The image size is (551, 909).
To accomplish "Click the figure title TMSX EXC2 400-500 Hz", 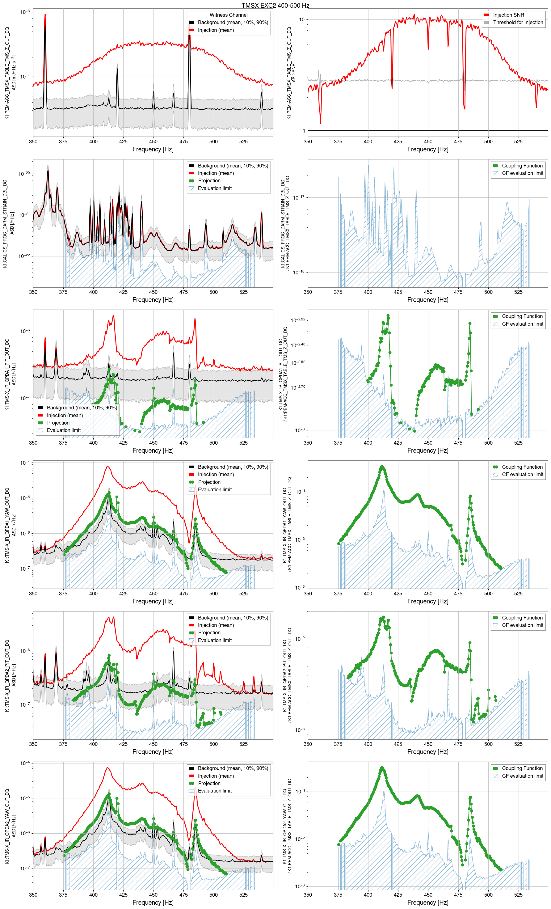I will (x=275, y=6).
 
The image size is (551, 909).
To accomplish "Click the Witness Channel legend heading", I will (x=228, y=15).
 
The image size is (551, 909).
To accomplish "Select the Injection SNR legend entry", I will (x=508, y=15).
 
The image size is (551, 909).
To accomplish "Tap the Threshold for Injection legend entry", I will (x=518, y=23).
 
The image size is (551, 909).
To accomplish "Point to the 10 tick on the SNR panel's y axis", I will (x=301, y=19).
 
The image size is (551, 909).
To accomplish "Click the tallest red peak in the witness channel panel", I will (x=45, y=15).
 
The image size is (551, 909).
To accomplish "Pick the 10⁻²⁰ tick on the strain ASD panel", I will (x=24, y=173).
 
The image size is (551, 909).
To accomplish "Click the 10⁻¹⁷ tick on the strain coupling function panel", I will (x=298, y=197).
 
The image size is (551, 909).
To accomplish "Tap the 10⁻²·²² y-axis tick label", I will (x=298, y=319).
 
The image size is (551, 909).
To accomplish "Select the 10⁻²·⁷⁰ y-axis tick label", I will (x=298, y=387).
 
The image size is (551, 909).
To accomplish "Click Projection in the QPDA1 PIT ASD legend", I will (x=58, y=423).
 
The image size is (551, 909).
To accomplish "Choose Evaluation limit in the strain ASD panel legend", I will (x=215, y=188).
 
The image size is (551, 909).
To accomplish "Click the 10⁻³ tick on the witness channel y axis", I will (x=25, y=12).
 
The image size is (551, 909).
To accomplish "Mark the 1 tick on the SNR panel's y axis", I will (x=304, y=131).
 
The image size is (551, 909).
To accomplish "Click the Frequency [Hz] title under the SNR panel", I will (x=427, y=150).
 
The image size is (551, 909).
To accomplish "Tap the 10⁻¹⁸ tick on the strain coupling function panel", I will (x=298, y=272).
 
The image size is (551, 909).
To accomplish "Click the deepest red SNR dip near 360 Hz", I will (x=320, y=123).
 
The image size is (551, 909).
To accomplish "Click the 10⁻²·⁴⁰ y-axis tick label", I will (x=298, y=345).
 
